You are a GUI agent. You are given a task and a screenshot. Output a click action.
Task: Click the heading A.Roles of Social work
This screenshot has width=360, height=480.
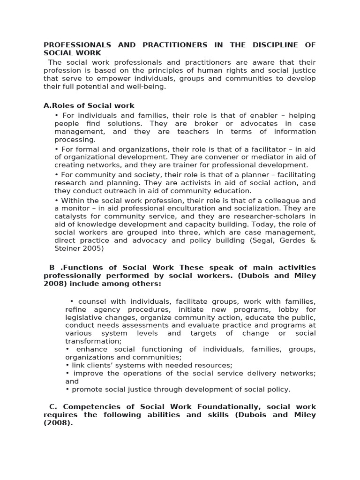pyautogui.click(x=89, y=106)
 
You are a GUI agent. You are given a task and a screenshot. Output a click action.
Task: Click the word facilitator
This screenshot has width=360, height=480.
pyautogui.click(x=252, y=149)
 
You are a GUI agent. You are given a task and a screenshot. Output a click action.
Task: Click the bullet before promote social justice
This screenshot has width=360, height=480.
pyautogui.click(x=67, y=390)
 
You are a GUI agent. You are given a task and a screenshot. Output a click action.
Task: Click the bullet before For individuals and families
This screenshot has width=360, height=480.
pyautogui.click(x=57, y=115)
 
